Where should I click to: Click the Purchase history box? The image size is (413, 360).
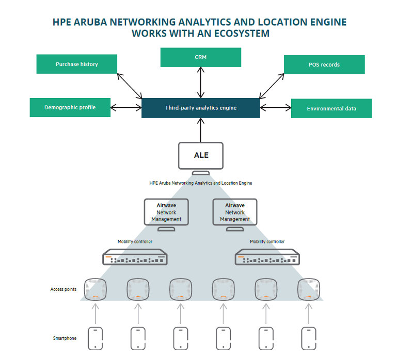point(77,64)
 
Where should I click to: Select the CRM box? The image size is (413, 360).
point(201,57)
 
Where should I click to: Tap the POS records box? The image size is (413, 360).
point(324,64)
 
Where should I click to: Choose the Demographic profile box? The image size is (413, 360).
point(70,107)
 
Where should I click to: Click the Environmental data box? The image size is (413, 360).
point(331,108)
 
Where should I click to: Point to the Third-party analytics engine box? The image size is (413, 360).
point(201,108)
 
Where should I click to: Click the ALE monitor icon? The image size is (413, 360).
point(201,155)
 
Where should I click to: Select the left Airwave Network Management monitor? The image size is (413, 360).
point(166,212)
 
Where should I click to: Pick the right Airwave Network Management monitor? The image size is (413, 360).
point(235,212)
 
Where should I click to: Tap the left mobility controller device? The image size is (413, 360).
point(135,257)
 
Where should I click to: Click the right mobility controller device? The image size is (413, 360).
point(267,257)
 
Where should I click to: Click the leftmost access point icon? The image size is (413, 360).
point(95,289)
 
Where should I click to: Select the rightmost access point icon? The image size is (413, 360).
point(309,289)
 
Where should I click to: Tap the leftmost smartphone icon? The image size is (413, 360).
point(95,338)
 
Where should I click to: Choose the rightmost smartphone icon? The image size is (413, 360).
point(309,338)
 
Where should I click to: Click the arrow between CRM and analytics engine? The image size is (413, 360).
point(201,83)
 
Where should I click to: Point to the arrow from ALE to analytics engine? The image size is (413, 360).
point(201,130)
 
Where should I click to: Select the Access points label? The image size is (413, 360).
point(63,289)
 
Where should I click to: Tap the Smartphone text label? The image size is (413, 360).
point(65,338)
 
